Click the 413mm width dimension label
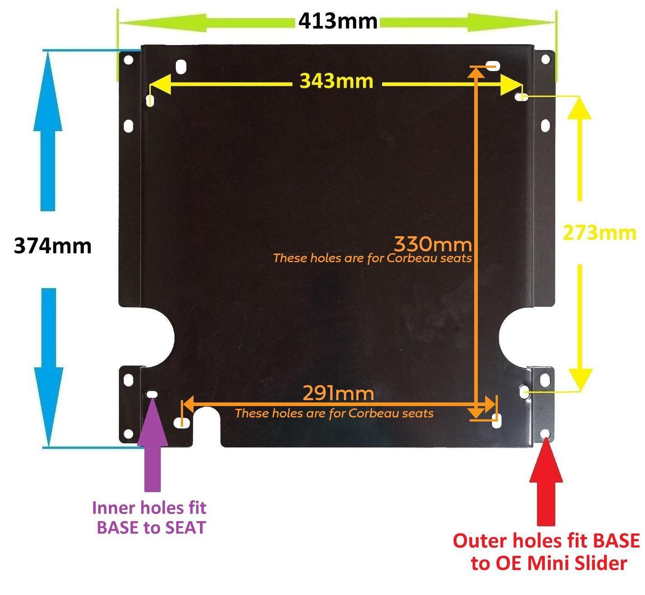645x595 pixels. point(338,21)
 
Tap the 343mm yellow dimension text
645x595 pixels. point(337,81)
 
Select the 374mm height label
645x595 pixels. point(53,246)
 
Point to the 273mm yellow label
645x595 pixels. point(599,233)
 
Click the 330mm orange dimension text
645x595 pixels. point(433,244)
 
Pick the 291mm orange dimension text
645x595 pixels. point(338,393)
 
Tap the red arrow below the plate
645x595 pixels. point(546,482)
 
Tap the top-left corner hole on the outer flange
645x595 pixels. point(128,60)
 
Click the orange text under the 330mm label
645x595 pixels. point(373,259)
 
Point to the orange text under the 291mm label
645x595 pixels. point(334,413)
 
